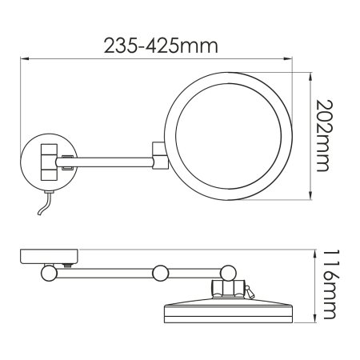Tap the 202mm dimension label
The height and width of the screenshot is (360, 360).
tap(323, 135)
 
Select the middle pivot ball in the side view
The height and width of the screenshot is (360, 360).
tap(161, 272)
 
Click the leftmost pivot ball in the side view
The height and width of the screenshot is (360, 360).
tap(49, 273)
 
